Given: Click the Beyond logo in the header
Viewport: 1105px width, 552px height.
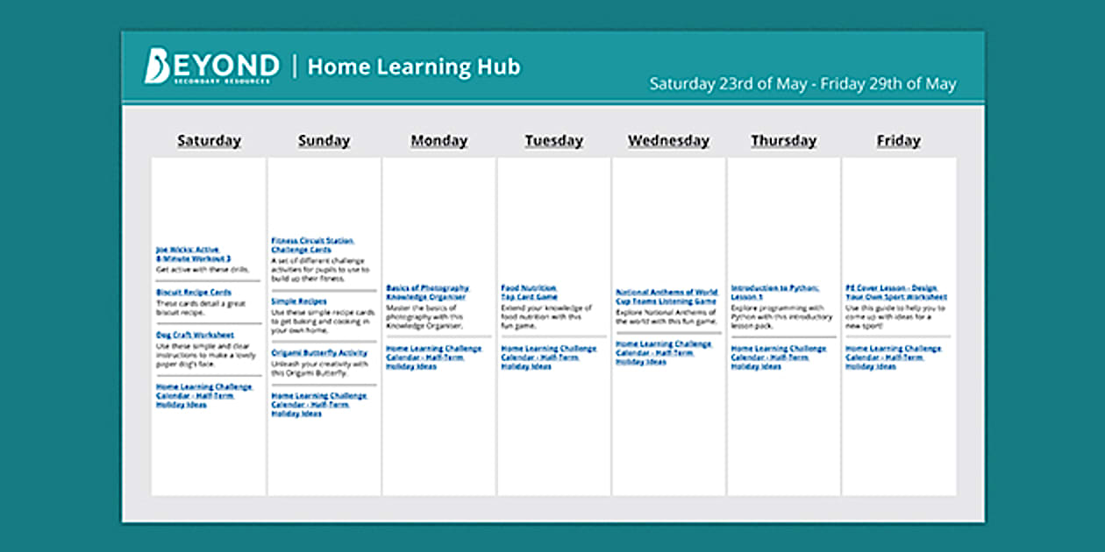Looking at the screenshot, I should (211, 67).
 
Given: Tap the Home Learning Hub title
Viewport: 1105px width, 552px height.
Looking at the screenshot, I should (413, 67).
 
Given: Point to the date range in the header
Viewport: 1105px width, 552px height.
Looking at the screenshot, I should (802, 84).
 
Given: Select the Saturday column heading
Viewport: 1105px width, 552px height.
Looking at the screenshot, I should (209, 140).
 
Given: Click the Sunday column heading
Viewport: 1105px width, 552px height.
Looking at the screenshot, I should (324, 140).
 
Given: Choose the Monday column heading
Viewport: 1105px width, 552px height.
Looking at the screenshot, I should (438, 140).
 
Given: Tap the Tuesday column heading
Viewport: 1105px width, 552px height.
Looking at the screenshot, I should (553, 140).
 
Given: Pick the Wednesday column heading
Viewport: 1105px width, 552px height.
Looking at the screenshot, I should (668, 140).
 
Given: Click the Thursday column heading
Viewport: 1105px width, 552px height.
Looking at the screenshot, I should (783, 140).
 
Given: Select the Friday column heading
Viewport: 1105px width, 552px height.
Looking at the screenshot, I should (898, 140).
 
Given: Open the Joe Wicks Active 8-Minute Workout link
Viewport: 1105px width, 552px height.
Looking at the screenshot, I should (193, 254).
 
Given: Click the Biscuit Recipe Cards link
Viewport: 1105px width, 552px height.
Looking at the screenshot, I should (194, 292).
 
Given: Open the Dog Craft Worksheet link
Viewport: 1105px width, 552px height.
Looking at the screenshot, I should (195, 335).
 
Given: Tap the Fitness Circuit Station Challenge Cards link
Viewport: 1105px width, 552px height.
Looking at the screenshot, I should (311, 245).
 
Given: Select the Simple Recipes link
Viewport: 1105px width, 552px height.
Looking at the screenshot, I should (298, 301).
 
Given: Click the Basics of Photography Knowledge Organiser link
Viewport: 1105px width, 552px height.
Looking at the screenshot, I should (427, 293).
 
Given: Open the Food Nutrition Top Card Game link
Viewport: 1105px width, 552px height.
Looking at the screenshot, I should (529, 293).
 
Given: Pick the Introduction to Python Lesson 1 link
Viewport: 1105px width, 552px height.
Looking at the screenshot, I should (775, 293).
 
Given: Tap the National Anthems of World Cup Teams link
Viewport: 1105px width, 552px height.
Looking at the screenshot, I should (666, 297).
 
